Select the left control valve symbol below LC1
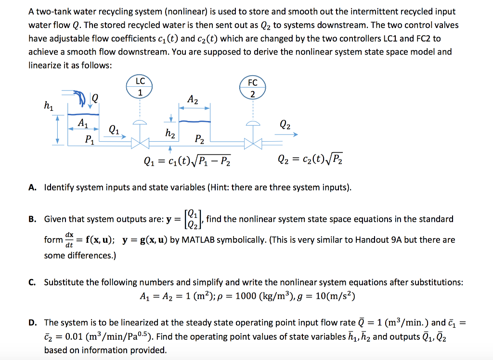coord(140,143)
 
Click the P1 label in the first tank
coord(89,140)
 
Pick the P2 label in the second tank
coord(199,140)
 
